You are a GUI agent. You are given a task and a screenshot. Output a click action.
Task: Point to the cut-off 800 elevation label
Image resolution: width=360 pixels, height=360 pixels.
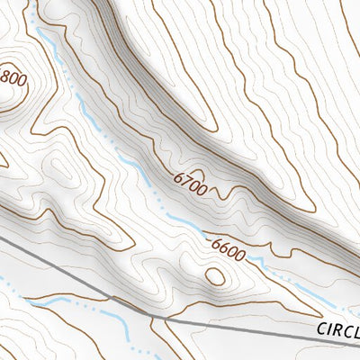13,78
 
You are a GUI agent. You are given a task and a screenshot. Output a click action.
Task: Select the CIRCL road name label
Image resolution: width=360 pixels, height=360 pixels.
337,330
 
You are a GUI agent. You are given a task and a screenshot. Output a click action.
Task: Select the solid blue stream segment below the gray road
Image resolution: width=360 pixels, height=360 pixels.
108,314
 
